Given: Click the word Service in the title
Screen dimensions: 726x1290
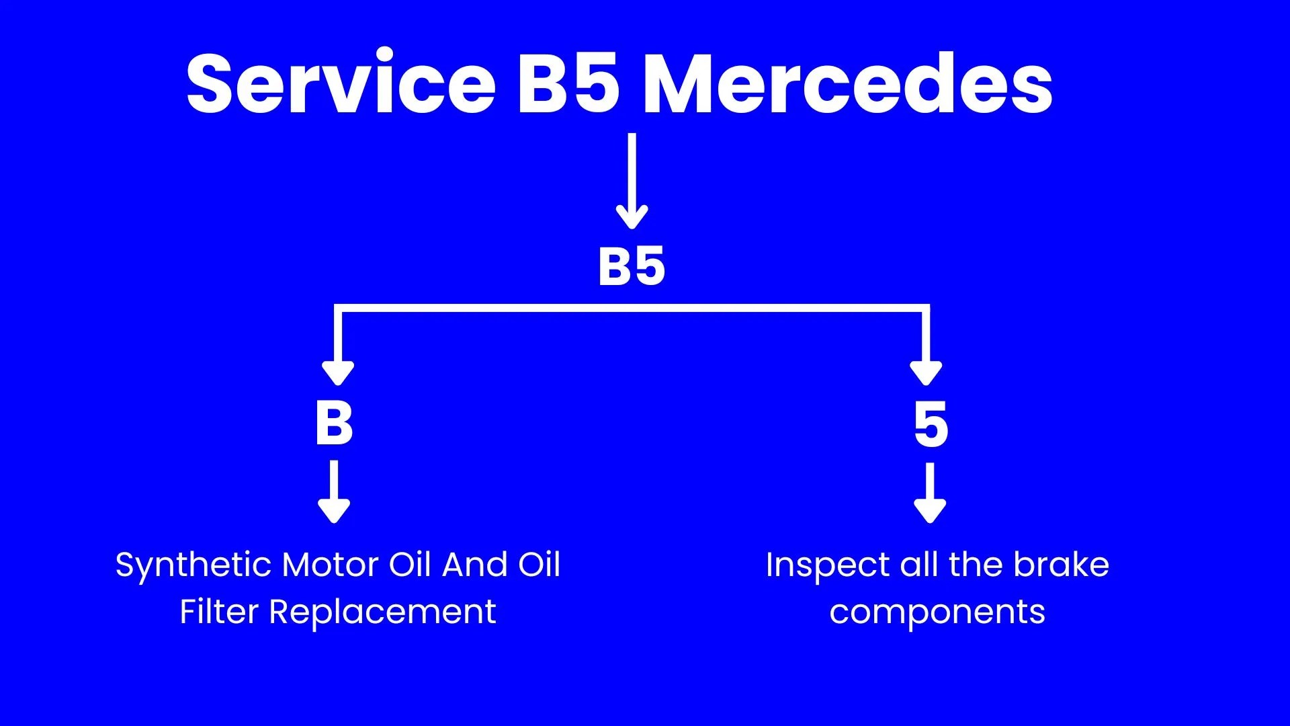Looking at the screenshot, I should pos(341,84).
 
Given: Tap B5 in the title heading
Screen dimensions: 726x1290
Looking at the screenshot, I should pos(568,84).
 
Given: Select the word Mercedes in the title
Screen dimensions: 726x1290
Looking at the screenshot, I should pos(848,84).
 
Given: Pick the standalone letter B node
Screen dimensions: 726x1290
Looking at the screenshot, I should pos(334,424).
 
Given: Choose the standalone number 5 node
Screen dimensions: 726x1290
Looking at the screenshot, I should pos(931,424).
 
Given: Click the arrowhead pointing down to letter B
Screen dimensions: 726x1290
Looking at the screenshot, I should pos(338,372).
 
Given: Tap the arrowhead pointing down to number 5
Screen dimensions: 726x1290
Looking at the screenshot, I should pos(926,372).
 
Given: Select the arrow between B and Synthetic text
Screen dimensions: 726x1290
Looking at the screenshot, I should pos(334,491).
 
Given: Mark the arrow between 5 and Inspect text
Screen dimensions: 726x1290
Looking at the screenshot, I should pos(931,493).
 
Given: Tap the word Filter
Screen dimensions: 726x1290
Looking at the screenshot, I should pos(219,612).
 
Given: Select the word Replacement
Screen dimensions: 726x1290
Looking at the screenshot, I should pos(382,612).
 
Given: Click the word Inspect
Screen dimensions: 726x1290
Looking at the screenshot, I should pos(828,565).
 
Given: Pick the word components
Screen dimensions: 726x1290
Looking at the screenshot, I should pos(937,612).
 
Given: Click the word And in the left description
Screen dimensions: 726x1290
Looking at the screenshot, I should pos(474,565).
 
